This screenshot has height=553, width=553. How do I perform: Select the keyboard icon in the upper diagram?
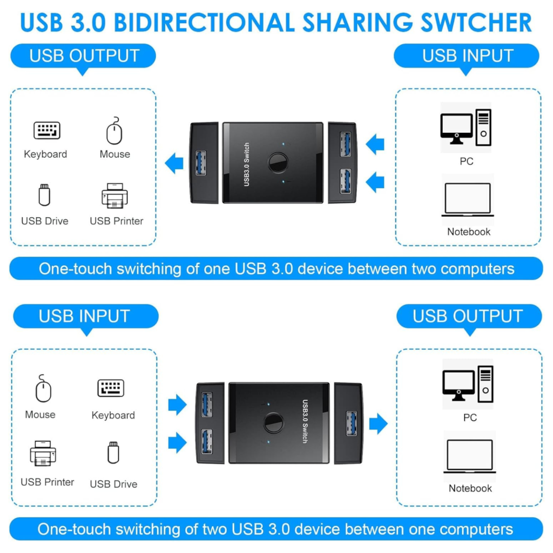tap(47, 130)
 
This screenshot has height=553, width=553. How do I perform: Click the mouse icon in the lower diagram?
tap(43, 388)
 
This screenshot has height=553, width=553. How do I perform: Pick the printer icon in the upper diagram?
tap(114, 195)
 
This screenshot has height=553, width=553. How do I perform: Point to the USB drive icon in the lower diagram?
tap(113, 453)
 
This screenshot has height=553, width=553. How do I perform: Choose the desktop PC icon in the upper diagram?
tap(466, 127)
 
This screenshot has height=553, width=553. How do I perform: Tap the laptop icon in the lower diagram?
tap(470, 456)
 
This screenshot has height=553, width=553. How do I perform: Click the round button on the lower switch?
tap(273, 423)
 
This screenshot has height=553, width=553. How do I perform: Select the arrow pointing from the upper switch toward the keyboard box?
tap(174, 163)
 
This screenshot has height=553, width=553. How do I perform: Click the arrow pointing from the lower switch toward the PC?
tap(379, 423)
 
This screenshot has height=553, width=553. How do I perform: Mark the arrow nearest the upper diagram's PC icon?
tap(375, 144)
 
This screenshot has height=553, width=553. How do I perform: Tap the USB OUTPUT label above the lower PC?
tap(468, 316)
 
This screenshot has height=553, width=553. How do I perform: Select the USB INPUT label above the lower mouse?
tap(85, 316)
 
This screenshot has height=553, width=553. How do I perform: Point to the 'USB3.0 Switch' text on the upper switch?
tap(246, 164)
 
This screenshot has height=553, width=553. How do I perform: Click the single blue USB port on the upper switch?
tap(201, 163)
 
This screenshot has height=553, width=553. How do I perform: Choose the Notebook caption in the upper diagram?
tap(469, 232)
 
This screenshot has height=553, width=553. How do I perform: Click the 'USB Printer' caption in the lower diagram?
tap(48, 482)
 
